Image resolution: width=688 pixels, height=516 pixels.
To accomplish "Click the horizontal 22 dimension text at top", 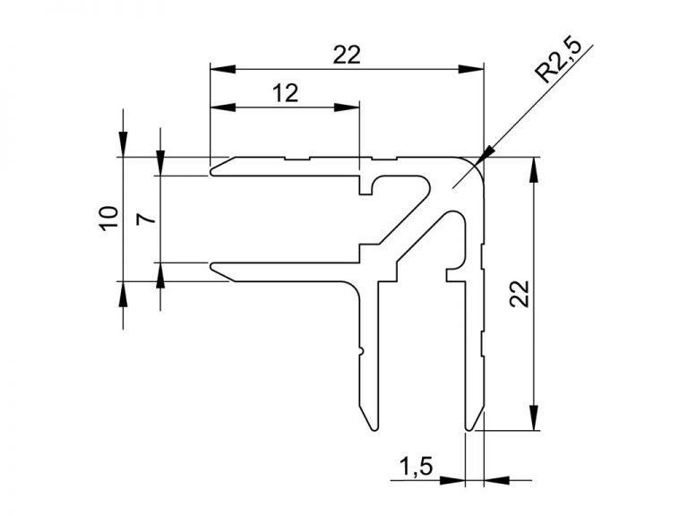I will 346,55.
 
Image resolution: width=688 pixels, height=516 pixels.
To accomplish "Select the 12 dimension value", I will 285,93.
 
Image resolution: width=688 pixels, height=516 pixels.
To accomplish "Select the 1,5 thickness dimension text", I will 416,466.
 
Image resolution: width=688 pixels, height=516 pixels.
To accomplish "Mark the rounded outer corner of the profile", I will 476,164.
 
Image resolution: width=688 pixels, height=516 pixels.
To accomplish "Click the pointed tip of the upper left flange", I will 211,168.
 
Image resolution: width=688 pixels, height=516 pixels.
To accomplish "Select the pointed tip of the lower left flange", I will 211,266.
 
